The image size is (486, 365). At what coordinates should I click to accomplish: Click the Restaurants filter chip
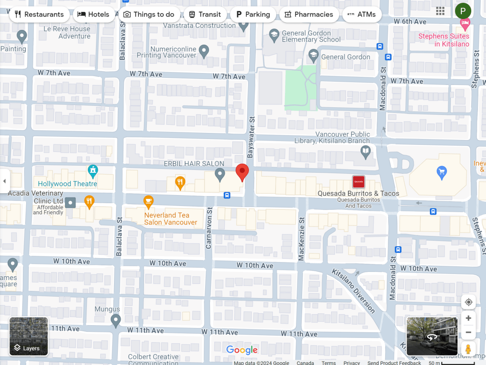[x=39, y=14]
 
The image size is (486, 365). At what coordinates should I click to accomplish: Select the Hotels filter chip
[x=93, y=14]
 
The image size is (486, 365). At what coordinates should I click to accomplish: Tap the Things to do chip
[x=149, y=14]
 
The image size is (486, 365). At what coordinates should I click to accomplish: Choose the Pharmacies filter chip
[x=309, y=14]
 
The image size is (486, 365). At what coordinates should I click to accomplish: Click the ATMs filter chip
[x=362, y=14]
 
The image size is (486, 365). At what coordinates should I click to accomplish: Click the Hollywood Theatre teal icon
[x=93, y=170]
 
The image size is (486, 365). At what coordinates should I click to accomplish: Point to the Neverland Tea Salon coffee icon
[x=148, y=201]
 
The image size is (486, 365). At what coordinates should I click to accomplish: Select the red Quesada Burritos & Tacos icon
[x=359, y=182]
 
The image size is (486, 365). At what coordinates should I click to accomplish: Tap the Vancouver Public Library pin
[x=365, y=152]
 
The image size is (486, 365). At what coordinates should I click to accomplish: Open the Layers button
[x=29, y=337]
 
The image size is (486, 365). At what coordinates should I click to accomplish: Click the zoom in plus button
[x=468, y=318]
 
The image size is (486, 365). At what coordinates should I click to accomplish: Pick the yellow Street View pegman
[x=468, y=349]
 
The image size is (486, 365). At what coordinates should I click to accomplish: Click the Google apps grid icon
[x=440, y=11]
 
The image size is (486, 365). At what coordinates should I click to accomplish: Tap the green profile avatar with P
[x=463, y=11]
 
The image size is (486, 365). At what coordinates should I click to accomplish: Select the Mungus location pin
[x=115, y=321]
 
